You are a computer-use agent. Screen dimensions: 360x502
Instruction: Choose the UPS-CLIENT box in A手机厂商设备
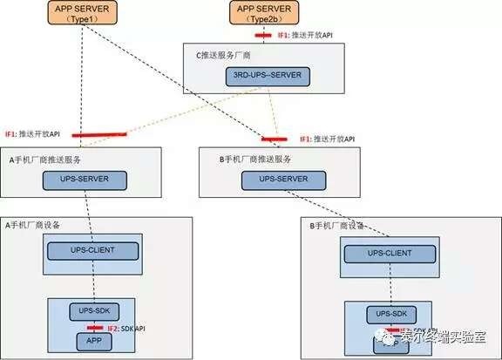[x=92, y=251]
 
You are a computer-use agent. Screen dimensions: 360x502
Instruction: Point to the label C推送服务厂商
[x=227, y=54]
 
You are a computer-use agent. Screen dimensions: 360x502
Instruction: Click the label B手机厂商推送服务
[x=255, y=159]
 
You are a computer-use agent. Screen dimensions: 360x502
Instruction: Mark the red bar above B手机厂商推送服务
[x=276, y=139]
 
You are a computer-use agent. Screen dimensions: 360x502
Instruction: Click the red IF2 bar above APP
[x=94, y=328]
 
